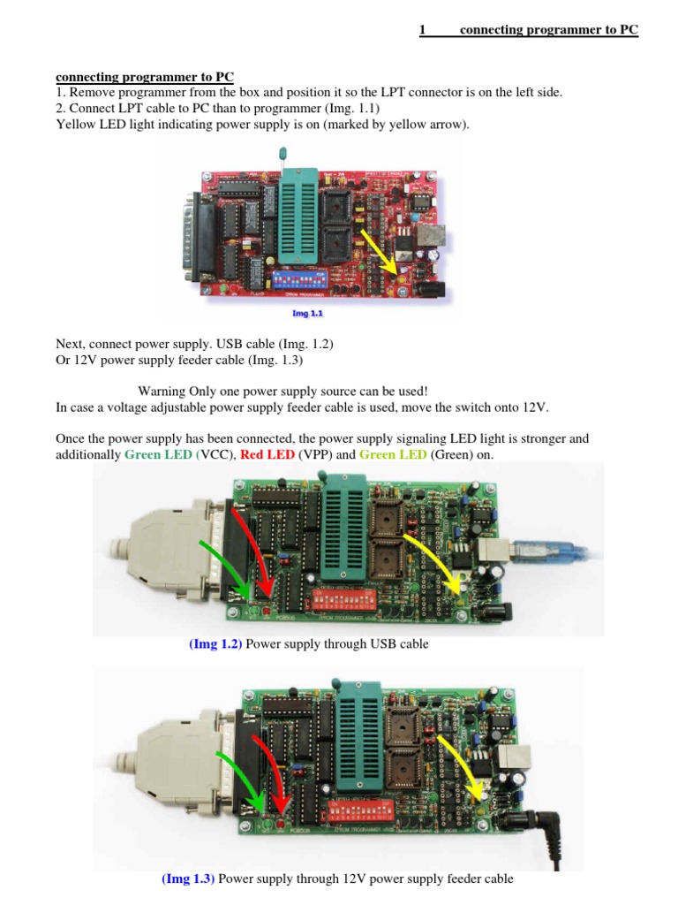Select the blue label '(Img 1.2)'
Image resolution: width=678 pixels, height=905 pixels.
[215, 644]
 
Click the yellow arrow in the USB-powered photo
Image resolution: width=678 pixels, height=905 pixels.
[433, 559]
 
